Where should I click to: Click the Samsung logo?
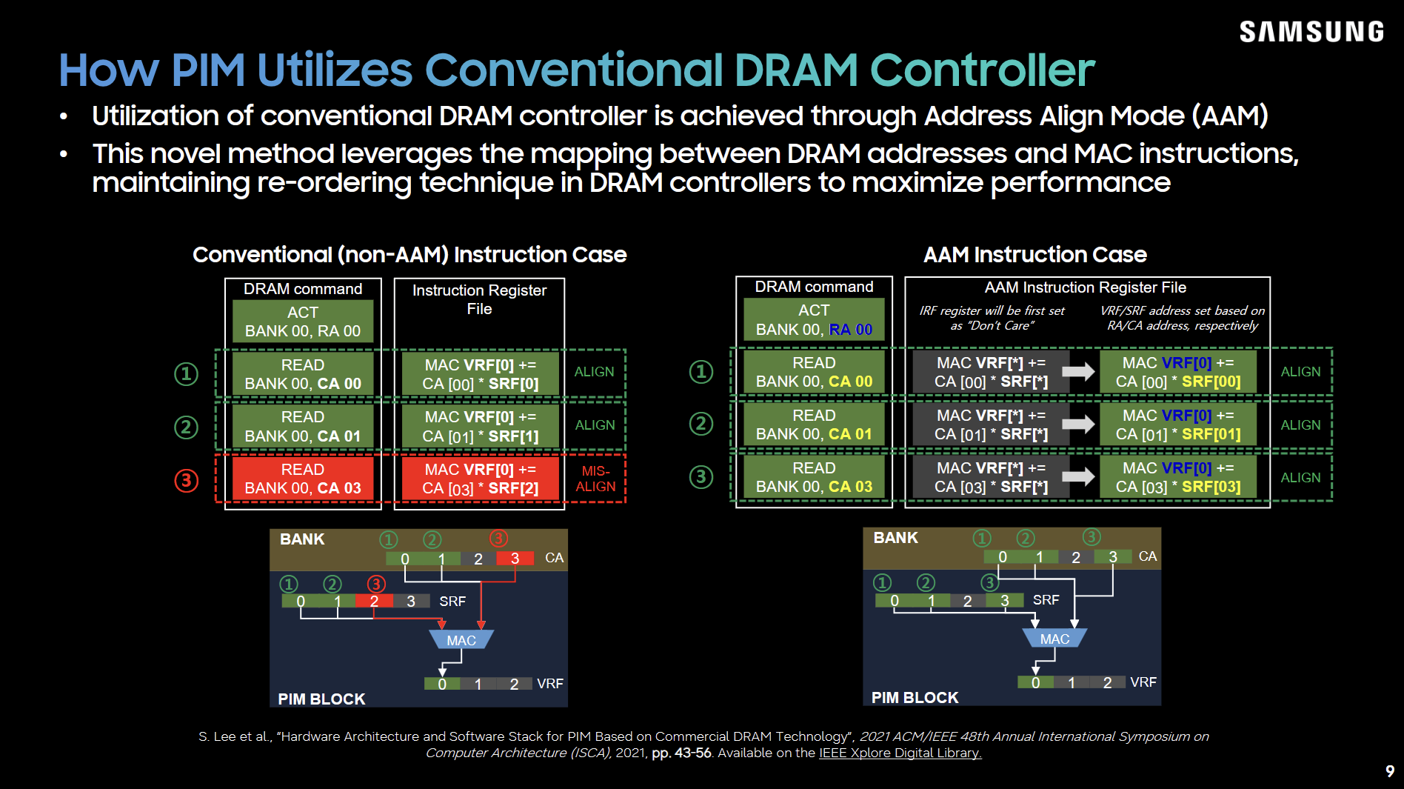(x=1311, y=31)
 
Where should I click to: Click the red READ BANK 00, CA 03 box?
(x=303, y=479)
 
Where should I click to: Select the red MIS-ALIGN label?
(x=595, y=479)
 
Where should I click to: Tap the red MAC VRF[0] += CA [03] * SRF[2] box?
(x=480, y=479)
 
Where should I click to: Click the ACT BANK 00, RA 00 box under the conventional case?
(x=303, y=322)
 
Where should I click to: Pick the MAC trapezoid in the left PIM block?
(x=461, y=639)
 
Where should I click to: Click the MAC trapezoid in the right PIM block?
(x=1054, y=638)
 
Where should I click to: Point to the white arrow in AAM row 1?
(x=1078, y=371)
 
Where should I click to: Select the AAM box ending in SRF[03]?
(x=1178, y=477)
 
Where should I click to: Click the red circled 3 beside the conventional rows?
(x=186, y=480)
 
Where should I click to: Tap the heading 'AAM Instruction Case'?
(x=1034, y=255)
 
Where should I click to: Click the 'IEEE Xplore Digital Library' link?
(x=900, y=753)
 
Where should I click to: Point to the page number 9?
(x=1390, y=771)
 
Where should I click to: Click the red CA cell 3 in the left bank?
(x=515, y=559)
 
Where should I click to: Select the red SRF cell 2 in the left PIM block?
(x=374, y=601)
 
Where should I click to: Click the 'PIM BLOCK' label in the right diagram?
(x=915, y=697)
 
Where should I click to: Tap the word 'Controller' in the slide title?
(x=982, y=70)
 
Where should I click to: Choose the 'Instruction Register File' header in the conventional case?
(x=479, y=299)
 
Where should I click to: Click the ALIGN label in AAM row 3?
(x=1300, y=478)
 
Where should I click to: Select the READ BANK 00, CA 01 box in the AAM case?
(x=814, y=425)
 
